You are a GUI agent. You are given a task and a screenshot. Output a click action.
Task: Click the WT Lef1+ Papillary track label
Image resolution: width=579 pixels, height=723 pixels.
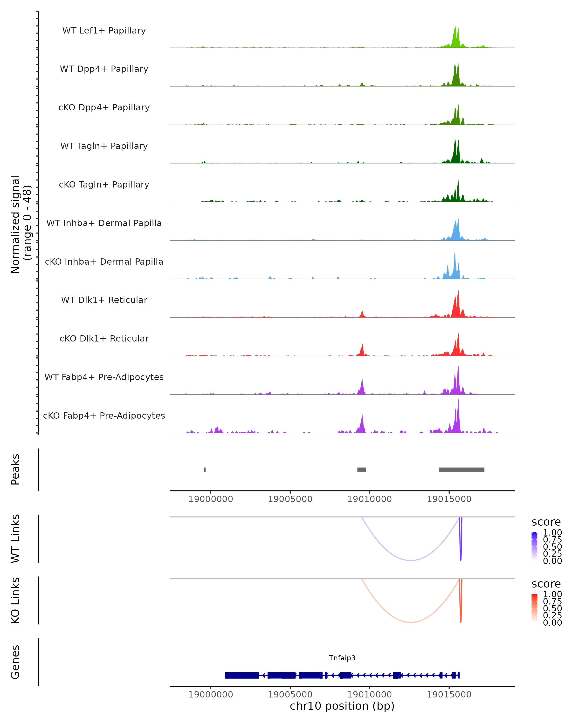coord(104,31)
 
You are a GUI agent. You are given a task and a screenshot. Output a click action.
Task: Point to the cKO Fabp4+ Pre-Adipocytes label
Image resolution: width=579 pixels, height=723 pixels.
coord(104,415)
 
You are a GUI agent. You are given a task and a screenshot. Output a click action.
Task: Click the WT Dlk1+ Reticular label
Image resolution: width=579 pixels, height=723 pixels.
coord(104,300)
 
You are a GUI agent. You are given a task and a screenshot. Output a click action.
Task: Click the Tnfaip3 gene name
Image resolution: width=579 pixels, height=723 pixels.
coord(342,658)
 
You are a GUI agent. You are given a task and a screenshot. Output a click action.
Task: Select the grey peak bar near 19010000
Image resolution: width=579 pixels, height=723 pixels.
coord(361,469)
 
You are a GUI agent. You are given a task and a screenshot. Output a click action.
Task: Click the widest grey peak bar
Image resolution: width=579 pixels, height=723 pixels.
coord(462,469)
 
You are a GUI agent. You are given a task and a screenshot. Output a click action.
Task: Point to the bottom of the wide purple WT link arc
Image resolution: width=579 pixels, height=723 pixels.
coord(411,560)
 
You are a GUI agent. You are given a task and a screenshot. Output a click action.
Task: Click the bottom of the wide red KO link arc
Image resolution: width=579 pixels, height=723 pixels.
coord(411,622)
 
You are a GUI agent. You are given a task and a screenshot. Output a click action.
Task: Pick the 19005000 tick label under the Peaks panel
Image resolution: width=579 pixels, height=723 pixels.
coord(290,499)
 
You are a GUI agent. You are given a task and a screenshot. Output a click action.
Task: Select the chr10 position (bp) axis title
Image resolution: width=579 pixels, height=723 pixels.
coord(342,706)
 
